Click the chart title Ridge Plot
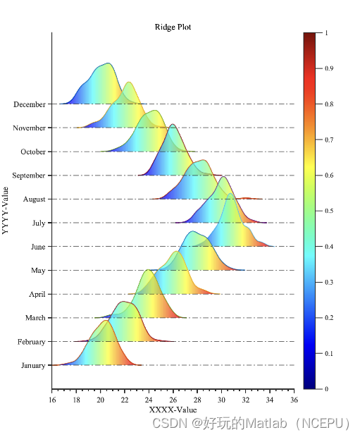tap(173, 27)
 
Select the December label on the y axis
tap(29, 104)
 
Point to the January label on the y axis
tap(32, 365)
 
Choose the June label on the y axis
tap(37, 247)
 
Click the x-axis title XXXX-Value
tap(173, 410)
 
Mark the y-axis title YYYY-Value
tap(6, 210)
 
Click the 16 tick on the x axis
tap(52, 400)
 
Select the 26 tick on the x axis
tap(173, 400)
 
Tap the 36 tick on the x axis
tap(294, 400)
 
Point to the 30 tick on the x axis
tap(221, 400)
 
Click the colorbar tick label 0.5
tap(330, 211)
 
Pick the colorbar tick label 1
tap(326, 32)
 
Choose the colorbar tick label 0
tap(326, 388)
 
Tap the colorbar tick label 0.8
tap(330, 104)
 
